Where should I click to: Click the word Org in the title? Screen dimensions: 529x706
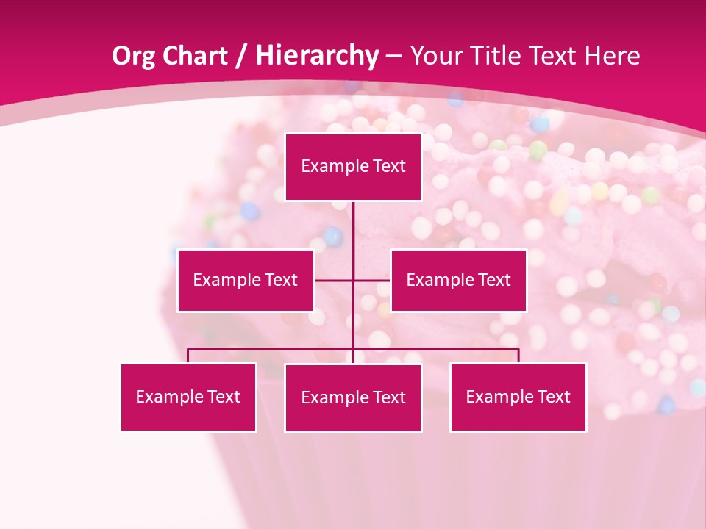tap(132, 56)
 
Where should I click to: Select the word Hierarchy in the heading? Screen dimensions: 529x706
tap(316, 56)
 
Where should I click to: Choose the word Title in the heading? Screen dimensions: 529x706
tap(497, 56)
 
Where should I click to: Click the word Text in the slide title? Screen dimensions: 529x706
tap(553, 56)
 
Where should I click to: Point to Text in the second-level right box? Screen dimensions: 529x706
tap(494, 280)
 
